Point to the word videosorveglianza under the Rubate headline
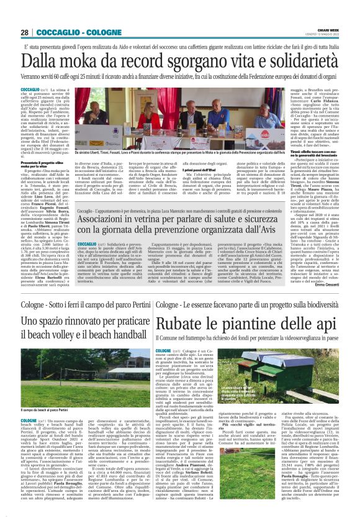(293, 339)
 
